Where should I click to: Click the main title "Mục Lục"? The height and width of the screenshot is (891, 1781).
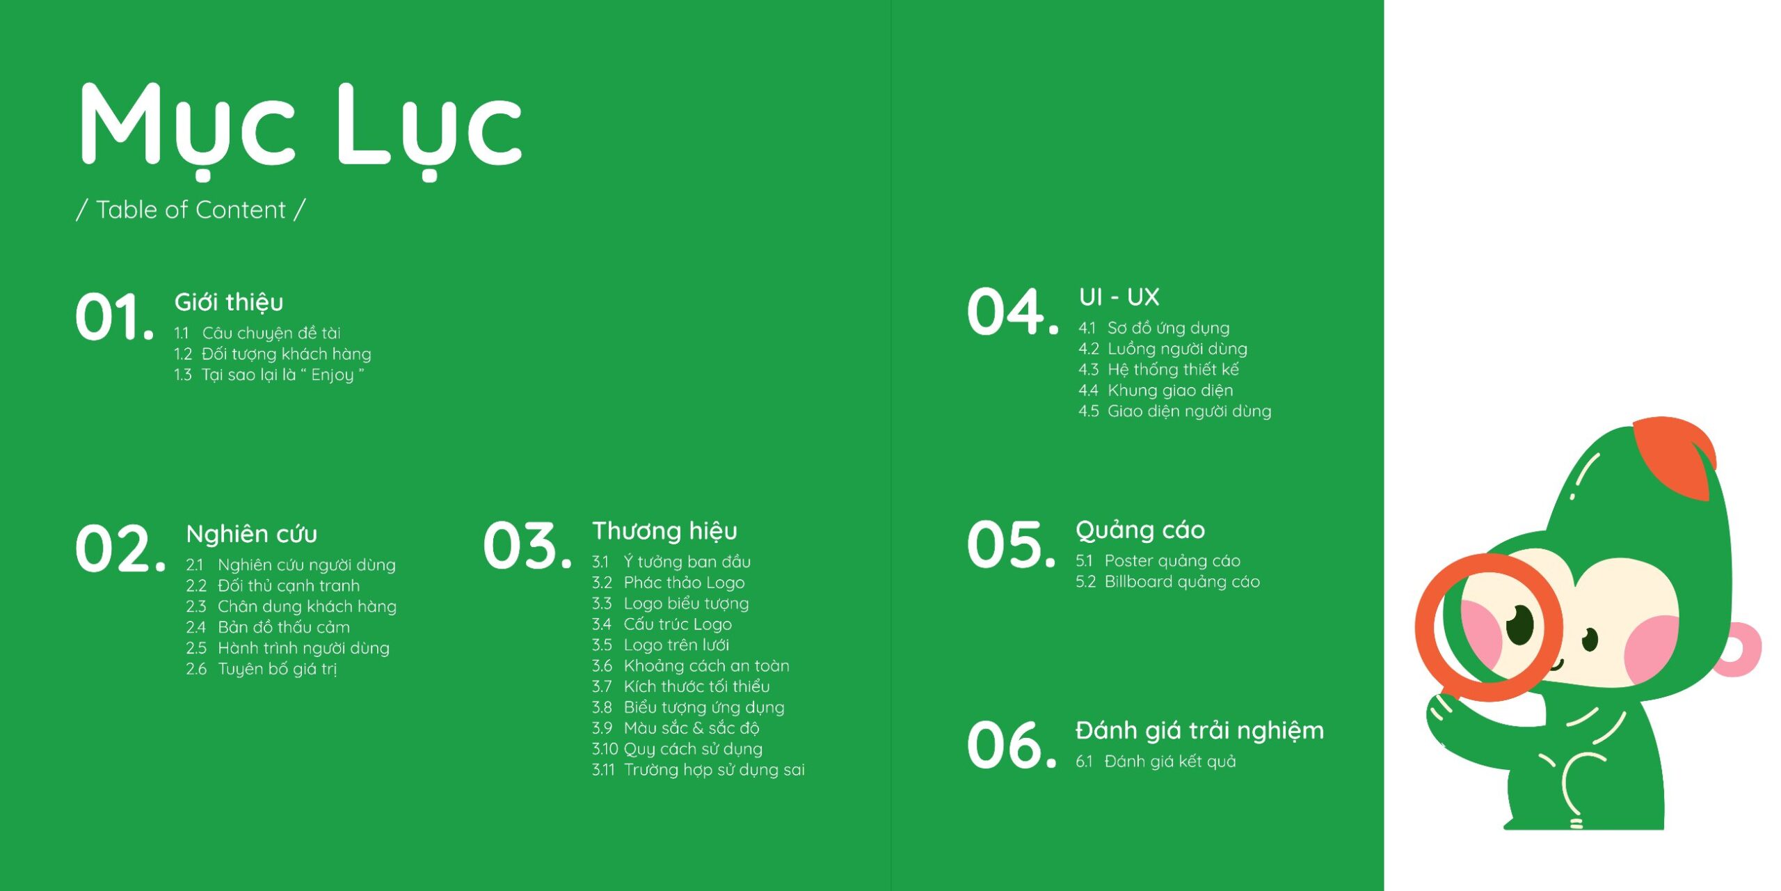[x=301, y=129]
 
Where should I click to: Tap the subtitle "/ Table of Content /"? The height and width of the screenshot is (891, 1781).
[x=191, y=210]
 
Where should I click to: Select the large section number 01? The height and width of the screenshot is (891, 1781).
[x=115, y=317]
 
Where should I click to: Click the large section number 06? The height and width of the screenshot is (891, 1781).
[x=1012, y=745]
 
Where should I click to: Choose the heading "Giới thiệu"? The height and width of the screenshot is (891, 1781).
[x=229, y=302]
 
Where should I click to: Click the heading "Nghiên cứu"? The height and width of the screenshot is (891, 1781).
[x=252, y=534]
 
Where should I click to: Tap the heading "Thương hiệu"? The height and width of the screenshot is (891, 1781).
[x=664, y=531]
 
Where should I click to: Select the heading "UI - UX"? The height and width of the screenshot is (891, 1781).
[x=1119, y=297]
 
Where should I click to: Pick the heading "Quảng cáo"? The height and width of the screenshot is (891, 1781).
[x=1140, y=530]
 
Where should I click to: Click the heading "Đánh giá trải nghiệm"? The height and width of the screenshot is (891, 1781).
[x=1199, y=731]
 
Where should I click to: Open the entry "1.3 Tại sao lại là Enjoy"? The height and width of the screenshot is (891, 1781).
[x=269, y=375]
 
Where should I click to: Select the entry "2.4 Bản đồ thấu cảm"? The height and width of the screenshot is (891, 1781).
[x=268, y=627]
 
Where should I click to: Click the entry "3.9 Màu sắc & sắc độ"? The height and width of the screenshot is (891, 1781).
[x=676, y=728]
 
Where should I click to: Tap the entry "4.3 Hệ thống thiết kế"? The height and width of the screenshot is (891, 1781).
[x=1158, y=369]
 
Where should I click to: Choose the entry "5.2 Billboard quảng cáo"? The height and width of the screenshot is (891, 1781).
[x=1167, y=582]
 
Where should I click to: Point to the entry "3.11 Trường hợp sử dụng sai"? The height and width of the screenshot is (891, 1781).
[x=698, y=770]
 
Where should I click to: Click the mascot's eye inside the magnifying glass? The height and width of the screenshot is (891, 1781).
[x=1519, y=624]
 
